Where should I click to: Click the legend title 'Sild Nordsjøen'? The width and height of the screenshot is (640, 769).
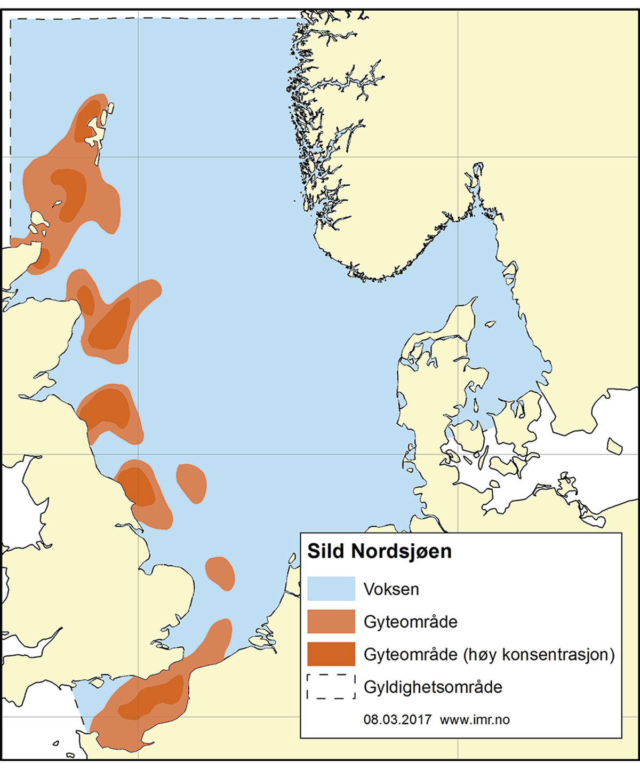pos(379,551)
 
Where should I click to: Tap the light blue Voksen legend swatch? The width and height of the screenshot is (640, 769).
pos(331,589)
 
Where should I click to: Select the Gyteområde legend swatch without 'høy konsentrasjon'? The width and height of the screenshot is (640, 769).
pos(331,622)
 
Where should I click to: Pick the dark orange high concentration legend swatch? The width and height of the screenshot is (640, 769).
pos(331,654)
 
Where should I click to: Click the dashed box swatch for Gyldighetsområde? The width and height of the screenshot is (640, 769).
pos(331,687)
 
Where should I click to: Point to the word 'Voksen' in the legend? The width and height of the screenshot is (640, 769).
pos(391,589)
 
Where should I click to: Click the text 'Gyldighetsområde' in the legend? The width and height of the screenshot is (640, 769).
pos(433,687)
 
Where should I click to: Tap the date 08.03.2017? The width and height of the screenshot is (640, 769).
pos(397,719)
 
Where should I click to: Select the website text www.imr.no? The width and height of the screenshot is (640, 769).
pos(475,719)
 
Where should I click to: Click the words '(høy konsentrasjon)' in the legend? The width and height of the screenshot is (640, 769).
pos(539,654)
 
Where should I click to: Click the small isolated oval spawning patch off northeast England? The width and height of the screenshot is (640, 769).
pos(191,482)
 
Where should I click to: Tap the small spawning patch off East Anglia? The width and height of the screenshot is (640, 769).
pos(220,573)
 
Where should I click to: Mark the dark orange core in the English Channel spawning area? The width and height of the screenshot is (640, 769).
pos(155,696)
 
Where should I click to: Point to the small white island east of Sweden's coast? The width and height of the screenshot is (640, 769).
pos(614,446)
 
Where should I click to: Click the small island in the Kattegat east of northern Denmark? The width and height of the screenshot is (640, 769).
pos(490,324)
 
